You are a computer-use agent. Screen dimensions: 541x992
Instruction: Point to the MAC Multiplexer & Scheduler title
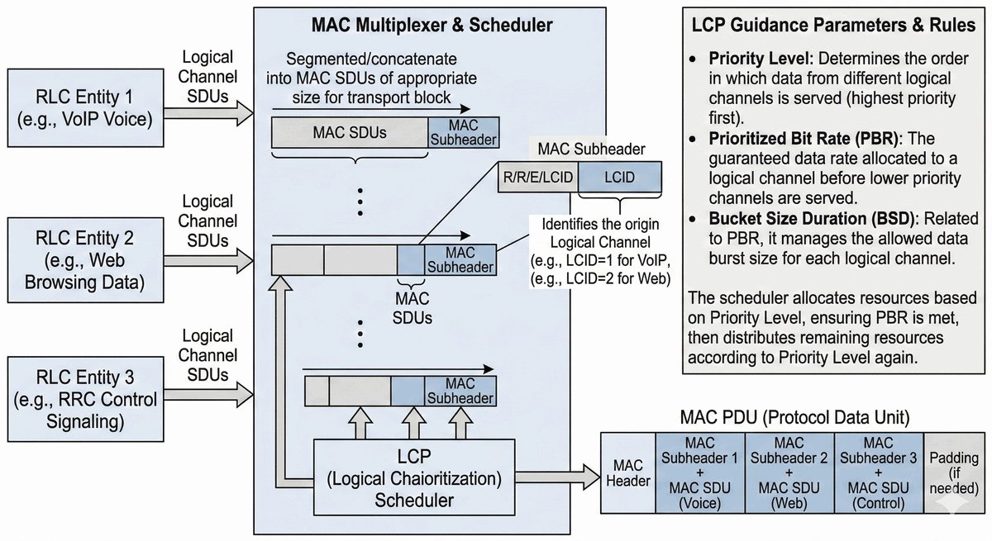pos(432,26)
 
